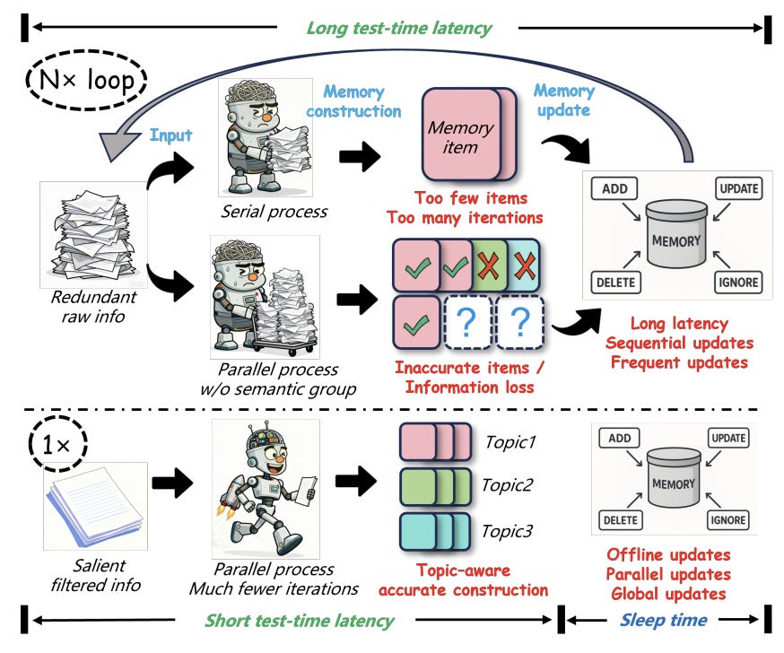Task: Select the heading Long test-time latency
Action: tap(399, 28)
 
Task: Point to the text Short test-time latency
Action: tap(300, 620)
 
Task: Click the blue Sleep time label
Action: tap(663, 620)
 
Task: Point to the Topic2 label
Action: tap(509, 485)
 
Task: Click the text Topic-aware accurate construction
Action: tap(462, 580)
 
